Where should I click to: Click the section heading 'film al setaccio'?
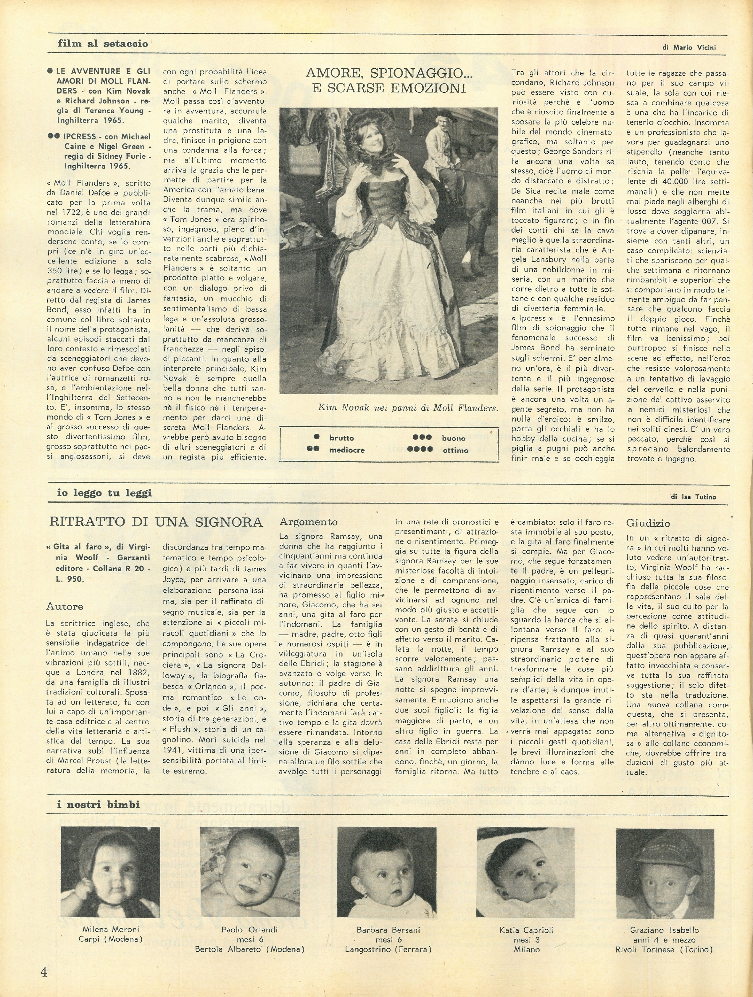pyautogui.click(x=103, y=44)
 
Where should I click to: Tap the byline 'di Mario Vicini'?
pyautogui.click(x=689, y=47)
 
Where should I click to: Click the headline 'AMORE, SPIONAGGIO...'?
pyautogui.click(x=389, y=73)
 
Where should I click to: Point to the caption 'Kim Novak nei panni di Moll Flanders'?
pyautogui.click(x=408, y=408)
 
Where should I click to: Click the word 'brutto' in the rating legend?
pyautogui.click(x=341, y=438)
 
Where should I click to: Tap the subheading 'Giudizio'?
pyautogui.click(x=647, y=523)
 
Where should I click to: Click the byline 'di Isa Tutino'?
pyautogui.click(x=693, y=497)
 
